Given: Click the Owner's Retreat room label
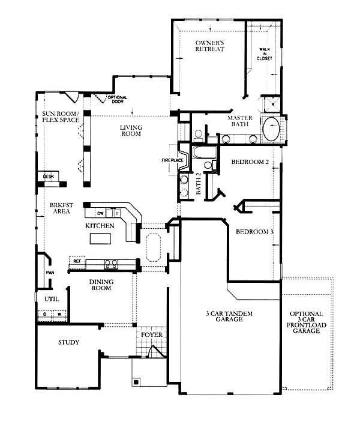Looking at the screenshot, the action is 209,46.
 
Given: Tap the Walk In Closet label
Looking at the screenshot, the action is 264,53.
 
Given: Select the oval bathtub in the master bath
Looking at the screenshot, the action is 271,129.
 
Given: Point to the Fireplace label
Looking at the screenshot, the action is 172,160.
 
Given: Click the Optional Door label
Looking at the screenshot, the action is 118,99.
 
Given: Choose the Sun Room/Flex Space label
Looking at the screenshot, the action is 61,117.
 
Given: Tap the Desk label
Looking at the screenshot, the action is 49,177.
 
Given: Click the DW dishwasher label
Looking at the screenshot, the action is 100,213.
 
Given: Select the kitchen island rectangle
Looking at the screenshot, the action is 100,238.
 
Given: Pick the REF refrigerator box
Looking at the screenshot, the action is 77,261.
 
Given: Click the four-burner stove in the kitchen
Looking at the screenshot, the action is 111,264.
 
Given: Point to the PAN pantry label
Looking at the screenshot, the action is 50,273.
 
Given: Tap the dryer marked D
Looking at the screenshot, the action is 45,314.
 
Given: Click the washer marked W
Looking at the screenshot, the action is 59,314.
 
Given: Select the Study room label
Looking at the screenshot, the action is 68,342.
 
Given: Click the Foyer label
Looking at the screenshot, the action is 152,335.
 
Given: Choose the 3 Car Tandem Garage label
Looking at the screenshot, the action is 229,317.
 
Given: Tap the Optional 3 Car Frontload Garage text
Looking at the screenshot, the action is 307,322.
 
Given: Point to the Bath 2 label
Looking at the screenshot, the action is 199,183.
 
